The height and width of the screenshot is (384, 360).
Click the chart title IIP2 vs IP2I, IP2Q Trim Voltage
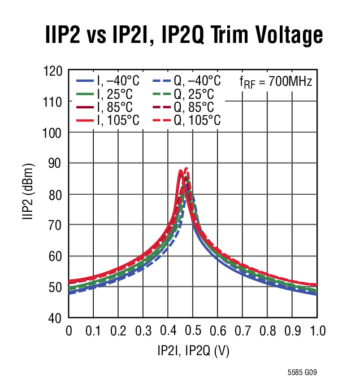[184, 36]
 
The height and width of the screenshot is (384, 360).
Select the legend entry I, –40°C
[107, 81]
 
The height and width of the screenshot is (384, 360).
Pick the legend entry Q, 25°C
[185, 94]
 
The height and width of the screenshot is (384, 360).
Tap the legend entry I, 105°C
[107, 120]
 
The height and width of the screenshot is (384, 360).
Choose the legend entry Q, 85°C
[185, 107]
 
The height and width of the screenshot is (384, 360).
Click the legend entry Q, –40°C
[185, 81]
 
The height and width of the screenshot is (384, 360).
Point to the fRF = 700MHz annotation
[276, 82]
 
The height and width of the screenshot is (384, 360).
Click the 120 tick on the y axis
[53, 71]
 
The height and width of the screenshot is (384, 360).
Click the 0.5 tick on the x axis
[193, 331]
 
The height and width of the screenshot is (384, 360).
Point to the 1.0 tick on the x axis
[316, 331]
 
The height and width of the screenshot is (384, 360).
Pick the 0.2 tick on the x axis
[119, 331]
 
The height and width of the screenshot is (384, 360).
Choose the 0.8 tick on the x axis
[267, 331]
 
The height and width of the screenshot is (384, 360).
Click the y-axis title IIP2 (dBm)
[29, 195]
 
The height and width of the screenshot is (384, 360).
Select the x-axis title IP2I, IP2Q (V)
[193, 351]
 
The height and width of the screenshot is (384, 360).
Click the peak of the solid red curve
[181, 171]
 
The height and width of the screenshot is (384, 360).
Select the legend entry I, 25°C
[107, 94]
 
